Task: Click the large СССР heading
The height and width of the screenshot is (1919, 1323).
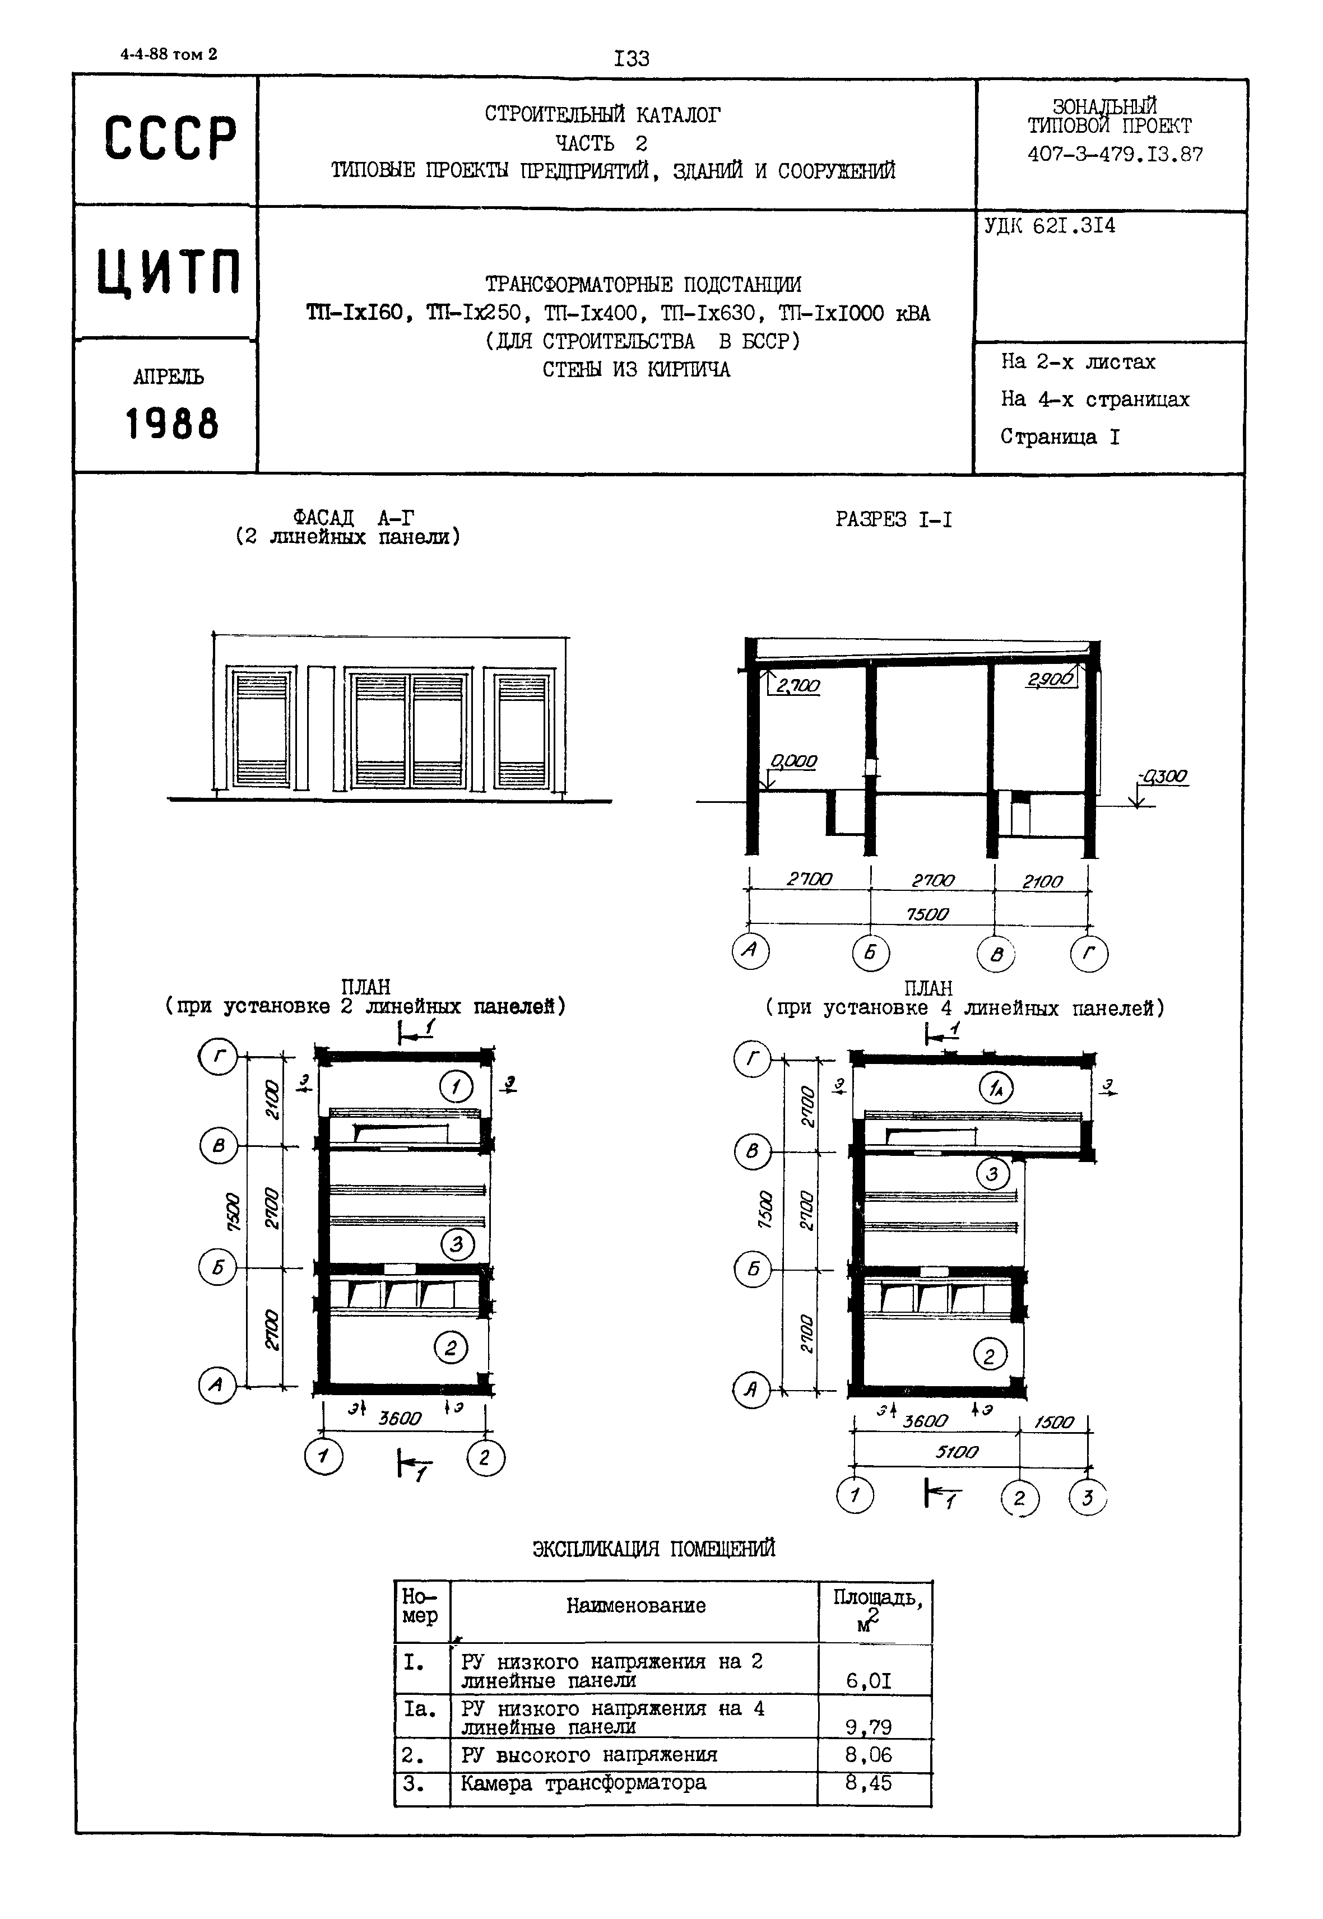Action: [170, 138]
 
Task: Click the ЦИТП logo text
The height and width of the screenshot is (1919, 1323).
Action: [168, 272]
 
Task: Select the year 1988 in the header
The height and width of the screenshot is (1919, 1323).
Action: [171, 424]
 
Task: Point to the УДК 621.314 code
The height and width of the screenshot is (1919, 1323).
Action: [1050, 225]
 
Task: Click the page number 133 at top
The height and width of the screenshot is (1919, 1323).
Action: [632, 59]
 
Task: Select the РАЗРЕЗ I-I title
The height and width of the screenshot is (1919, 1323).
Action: [894, 520]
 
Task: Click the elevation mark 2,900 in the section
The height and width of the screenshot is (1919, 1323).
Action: [1050, 680]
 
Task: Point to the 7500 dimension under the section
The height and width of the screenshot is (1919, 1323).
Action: [927, 914]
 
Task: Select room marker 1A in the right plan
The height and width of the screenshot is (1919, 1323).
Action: [996, 1088]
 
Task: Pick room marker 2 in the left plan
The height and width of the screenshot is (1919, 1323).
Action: [451, 1349]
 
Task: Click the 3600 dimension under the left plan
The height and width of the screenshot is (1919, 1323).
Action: [400, 1418]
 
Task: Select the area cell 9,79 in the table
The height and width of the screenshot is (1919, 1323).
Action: [868, 1727]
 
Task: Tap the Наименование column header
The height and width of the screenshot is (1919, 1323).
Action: [636, 1606]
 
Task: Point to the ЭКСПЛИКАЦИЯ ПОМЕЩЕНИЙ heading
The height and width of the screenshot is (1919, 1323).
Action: [653, 1549]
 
